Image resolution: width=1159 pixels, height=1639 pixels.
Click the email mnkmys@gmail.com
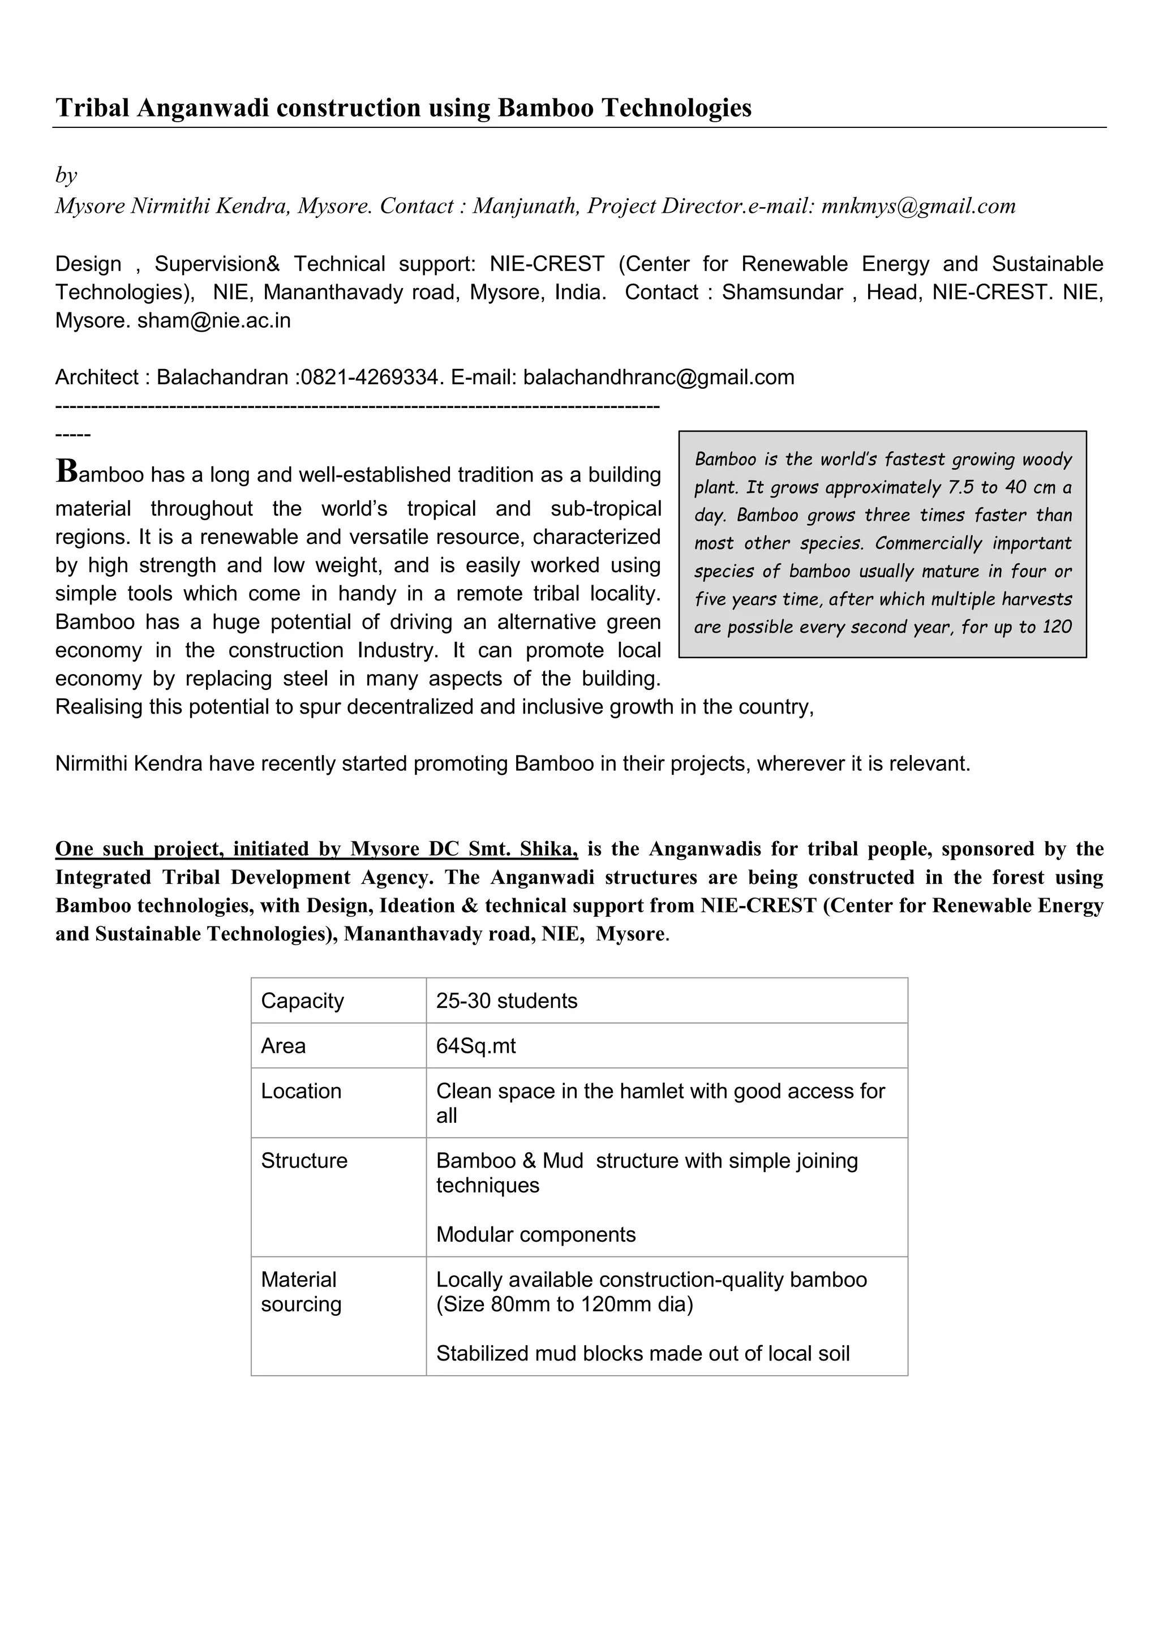[918, 207]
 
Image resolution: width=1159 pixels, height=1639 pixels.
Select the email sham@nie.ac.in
[214, 320]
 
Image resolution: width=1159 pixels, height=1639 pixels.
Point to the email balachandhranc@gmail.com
[658, 377]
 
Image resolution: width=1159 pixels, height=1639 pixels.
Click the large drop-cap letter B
[66, 471]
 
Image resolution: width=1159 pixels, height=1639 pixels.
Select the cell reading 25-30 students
[506, 1001]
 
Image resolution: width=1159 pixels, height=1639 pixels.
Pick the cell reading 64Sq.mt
[476, 1046]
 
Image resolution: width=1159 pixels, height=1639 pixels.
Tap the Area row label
[284, 1046]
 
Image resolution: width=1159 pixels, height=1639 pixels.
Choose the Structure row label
[304, 1161]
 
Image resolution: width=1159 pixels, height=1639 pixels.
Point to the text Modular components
[535, 1234]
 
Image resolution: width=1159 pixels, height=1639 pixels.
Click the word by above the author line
[66, 175]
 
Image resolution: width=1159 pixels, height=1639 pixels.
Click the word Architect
[96, 377]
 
